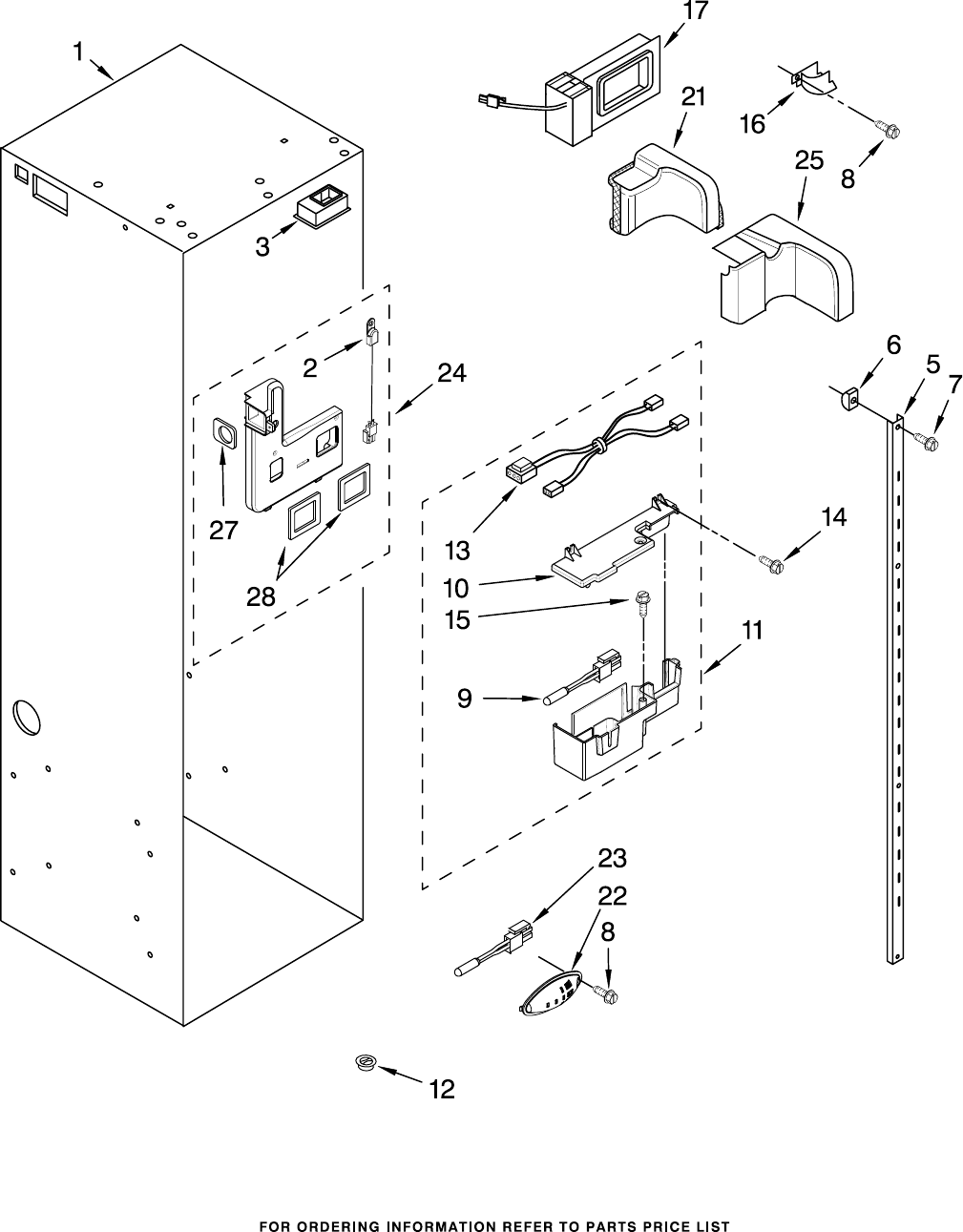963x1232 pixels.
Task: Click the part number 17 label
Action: coord(695,11)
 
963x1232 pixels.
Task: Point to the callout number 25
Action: coord(808,161)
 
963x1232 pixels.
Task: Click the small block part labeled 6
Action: coord(848,398)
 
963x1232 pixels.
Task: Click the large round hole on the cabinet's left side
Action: coord(26,718)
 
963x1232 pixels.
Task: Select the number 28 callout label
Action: coord(261,595)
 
